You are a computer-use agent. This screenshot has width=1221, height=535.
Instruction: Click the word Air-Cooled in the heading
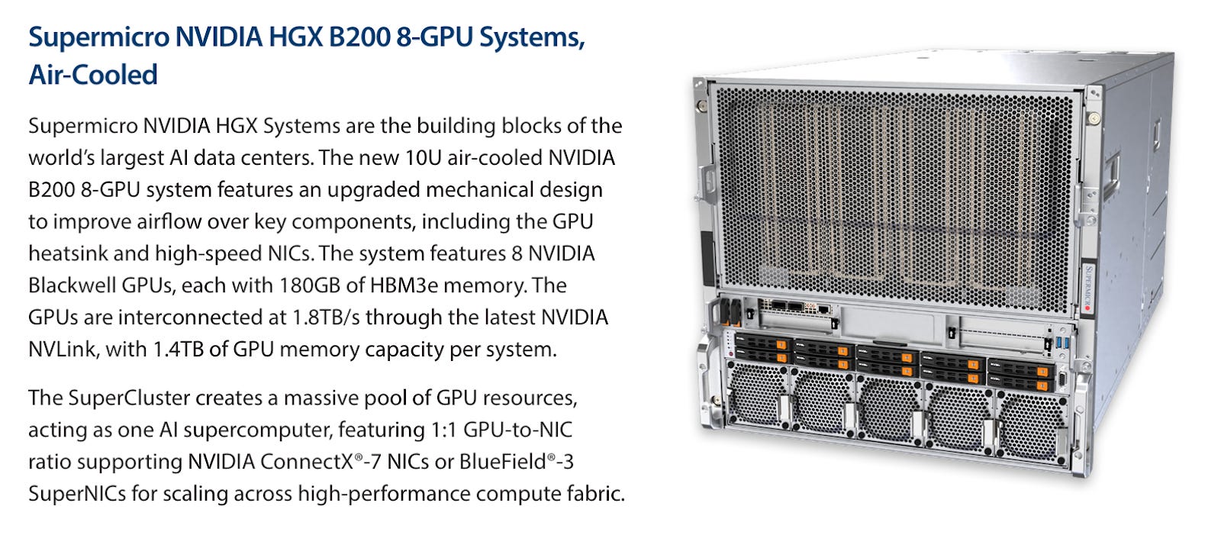click(x=92, y=75)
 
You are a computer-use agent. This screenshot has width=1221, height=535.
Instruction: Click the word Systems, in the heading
click(x=532, y=37)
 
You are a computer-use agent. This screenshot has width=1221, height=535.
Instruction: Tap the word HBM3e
click(x=404, y=285)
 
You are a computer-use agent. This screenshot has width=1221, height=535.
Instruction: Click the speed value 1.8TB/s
click(x=327, y=317)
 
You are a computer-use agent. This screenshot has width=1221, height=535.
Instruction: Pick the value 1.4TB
click(x=178, y=349)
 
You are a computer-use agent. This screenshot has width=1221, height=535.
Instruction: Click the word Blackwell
click(x=72, y=285)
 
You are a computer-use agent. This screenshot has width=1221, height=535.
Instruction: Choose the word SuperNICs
click(x=77, y=494)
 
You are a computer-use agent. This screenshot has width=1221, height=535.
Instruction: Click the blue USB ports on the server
click(x=1062, y=343)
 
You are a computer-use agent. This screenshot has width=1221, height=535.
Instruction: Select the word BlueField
click(x=503, y=462)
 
